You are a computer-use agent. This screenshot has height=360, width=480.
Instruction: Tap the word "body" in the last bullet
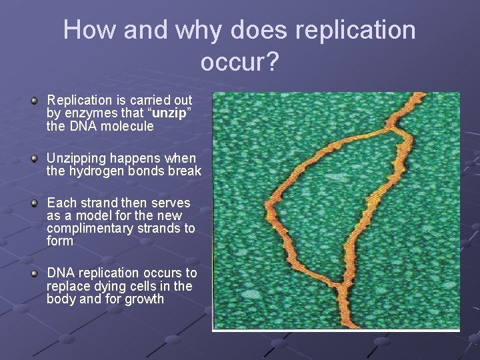click(61, 299)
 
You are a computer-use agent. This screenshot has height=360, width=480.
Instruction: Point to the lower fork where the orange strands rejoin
click(340, 288)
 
